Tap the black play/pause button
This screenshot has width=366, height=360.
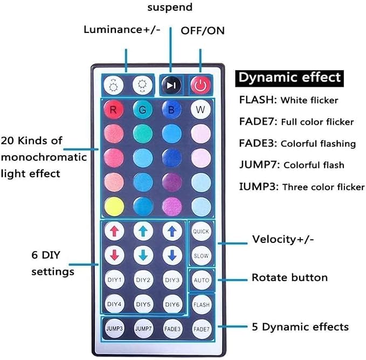171,85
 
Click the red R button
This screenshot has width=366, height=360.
113,110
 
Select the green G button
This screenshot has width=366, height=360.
143,110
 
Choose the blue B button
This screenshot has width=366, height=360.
171,110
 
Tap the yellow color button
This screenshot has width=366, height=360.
114,206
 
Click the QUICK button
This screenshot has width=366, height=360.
201,231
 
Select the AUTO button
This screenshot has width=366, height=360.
201,280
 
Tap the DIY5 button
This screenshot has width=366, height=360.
143,304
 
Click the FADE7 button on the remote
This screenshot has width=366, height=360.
202,329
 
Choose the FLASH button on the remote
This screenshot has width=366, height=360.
202,304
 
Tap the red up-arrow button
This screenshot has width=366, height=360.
114,231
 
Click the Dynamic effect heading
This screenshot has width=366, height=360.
289,78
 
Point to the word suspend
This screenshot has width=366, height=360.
170,7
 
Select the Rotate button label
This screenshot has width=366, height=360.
289,277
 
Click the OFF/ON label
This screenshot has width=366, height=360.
203,31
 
